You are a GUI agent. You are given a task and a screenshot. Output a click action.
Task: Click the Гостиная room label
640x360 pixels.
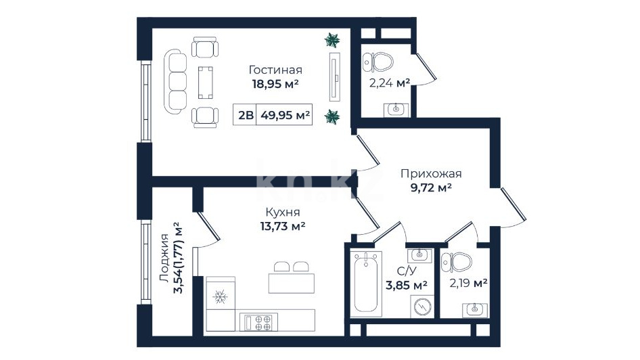[275, 70]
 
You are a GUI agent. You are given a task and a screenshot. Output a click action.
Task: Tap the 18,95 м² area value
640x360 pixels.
[275, 84]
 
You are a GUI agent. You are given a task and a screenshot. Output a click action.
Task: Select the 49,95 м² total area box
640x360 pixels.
[285, 114]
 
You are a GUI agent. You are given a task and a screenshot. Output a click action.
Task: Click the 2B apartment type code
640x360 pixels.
[246, 115]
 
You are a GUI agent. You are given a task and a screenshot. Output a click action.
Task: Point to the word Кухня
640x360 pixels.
[282, 212]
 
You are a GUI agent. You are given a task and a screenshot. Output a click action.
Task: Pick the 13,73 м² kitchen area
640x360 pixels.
[282, 226]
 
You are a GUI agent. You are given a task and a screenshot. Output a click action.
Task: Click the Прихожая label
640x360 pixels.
[431, 174]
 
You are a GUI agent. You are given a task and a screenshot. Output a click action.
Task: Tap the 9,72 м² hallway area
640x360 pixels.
[431, 187]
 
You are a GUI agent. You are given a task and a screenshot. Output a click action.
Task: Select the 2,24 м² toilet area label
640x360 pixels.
[390, 83]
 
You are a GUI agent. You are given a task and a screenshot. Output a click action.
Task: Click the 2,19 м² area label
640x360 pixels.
[468, 282]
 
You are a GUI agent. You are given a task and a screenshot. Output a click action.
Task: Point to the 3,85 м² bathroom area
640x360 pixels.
[406, 284]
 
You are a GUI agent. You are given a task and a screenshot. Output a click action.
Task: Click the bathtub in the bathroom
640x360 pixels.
[366, 284]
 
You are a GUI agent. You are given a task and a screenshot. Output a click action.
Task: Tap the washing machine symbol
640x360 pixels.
[422, 306]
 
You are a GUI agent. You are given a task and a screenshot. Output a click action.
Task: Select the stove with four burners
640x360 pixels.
[258, 322]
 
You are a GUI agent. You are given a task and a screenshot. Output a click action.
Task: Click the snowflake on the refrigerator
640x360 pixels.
[221, 297]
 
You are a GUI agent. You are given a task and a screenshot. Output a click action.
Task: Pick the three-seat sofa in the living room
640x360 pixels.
[175, 82]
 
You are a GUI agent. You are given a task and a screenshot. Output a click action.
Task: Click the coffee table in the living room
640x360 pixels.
[205, 83]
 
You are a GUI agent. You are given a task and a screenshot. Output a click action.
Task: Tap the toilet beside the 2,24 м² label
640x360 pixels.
[378, 62]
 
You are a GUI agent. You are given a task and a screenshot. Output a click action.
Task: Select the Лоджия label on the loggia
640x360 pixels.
[164, 258]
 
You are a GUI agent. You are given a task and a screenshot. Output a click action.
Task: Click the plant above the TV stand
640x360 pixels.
[332, 40]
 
